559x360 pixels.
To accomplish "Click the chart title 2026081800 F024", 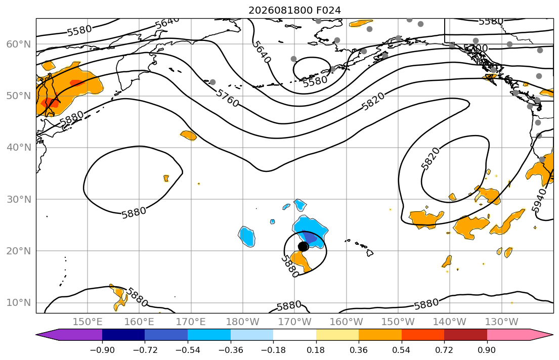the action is click(294, 10).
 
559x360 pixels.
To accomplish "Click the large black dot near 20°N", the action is click(303, 246).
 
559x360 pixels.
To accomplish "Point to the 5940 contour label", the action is click(539, 200).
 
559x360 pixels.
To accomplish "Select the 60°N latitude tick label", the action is click(19, 44).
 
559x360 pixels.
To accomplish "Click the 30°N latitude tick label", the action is click(19, 199).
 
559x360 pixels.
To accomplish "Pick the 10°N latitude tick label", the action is click(19, 303).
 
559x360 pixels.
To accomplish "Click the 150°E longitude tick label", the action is click(88, 322).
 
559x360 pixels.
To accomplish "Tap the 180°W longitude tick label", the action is click(243, 322).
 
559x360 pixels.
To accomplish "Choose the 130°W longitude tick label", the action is click(502, 322).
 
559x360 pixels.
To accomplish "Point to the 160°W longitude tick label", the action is click(346, 322).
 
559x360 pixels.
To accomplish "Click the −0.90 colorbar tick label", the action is click(102, 350).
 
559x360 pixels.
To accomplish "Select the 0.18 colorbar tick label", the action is click(316, 350).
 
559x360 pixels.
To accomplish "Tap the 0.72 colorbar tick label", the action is click(444, 350).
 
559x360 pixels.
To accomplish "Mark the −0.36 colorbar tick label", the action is click(230, 350).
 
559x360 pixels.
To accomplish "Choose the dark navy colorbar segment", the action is click(123, 335).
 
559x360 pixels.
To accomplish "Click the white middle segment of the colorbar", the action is click(294, 335).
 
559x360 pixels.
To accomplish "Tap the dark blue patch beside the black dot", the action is click(311, 239).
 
